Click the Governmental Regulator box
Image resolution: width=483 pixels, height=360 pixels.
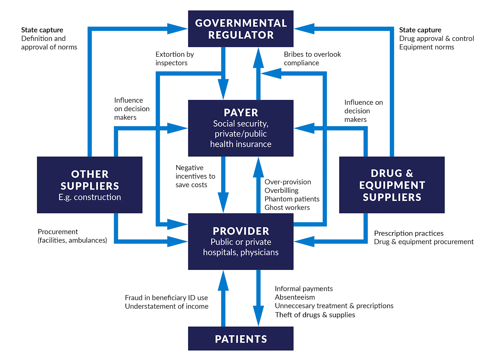(241, 29)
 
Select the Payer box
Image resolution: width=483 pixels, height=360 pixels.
(241, 128)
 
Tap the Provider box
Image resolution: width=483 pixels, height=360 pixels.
(241, 241)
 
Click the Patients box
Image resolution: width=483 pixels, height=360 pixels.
(241, 339)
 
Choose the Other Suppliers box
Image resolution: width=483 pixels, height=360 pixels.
(90, 185)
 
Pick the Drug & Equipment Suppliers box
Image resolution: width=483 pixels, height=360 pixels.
(392, 185)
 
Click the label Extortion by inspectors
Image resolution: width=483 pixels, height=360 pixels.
(175, 58)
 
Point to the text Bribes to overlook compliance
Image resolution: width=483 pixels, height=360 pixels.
(312, 58)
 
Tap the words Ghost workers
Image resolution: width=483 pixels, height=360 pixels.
(287, 208)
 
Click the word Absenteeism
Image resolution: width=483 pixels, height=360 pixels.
(295, 297)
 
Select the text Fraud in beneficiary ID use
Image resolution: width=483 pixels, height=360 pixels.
(166, 298)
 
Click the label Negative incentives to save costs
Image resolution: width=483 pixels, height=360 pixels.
(195, 176)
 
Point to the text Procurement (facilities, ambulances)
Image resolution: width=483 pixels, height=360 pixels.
(72, 236)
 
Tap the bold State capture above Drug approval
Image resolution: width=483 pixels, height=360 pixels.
(420, 30)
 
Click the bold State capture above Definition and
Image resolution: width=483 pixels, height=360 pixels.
(42, 30)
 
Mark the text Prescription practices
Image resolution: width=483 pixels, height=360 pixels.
(408, 233)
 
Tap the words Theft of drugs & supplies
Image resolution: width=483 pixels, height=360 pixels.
(315, 315)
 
